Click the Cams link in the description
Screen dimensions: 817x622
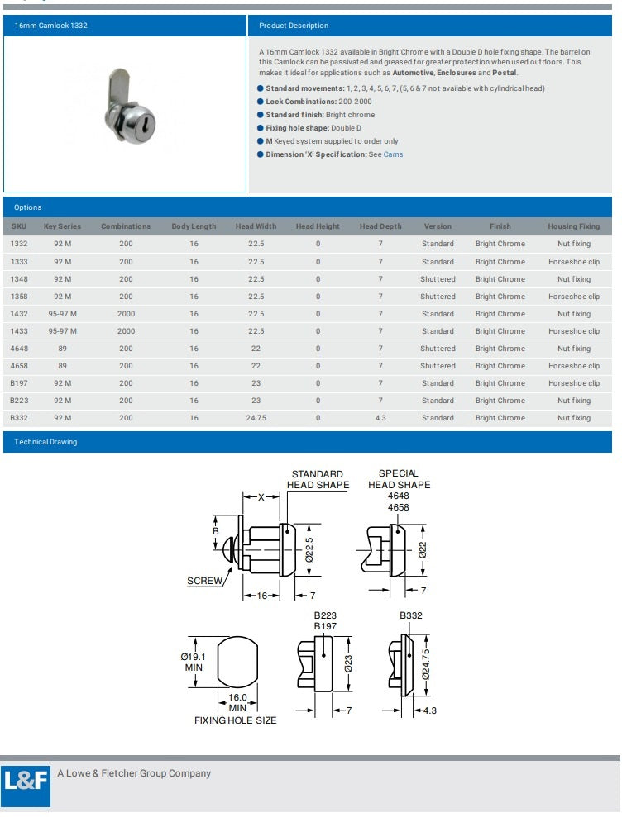click(393, 154)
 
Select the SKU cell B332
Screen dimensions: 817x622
click(19, 418)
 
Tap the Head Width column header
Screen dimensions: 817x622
click(256, 226)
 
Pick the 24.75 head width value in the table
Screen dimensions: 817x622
click(256, 418)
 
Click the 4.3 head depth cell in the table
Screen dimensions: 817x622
click(380, 418)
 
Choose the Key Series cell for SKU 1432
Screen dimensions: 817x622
click(63, 314)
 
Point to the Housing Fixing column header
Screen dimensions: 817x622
click(573, 226)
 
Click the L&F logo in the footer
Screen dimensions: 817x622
click(26, 783)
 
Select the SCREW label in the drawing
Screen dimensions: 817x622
click(204, 581)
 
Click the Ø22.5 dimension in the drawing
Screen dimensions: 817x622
click(309, 549)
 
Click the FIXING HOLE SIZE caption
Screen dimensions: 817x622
click(236, 720)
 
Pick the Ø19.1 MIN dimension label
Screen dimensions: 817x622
click(194, 662)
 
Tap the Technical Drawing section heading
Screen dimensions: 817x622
click(45, 442)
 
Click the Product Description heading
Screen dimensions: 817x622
click(294, 26)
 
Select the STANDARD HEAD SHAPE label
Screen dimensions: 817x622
click(318, 480)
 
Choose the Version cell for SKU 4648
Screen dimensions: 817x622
click(438, 349)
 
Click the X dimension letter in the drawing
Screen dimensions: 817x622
click(261, 497)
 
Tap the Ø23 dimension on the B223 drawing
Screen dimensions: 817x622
click(348, 663)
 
